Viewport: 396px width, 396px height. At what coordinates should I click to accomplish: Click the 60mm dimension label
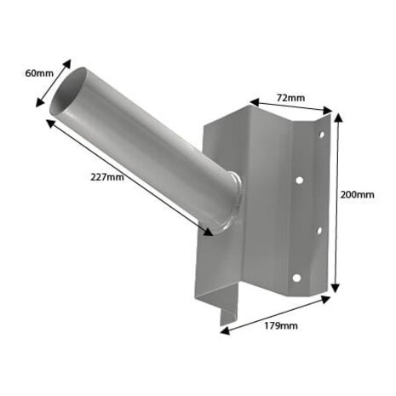coord(39,73)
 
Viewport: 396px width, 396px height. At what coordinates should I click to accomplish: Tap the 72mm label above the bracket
coord(290,98)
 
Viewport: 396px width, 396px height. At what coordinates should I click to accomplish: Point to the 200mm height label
coord(358,194)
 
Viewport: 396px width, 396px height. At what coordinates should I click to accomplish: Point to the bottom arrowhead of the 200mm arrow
coord(338,290)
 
